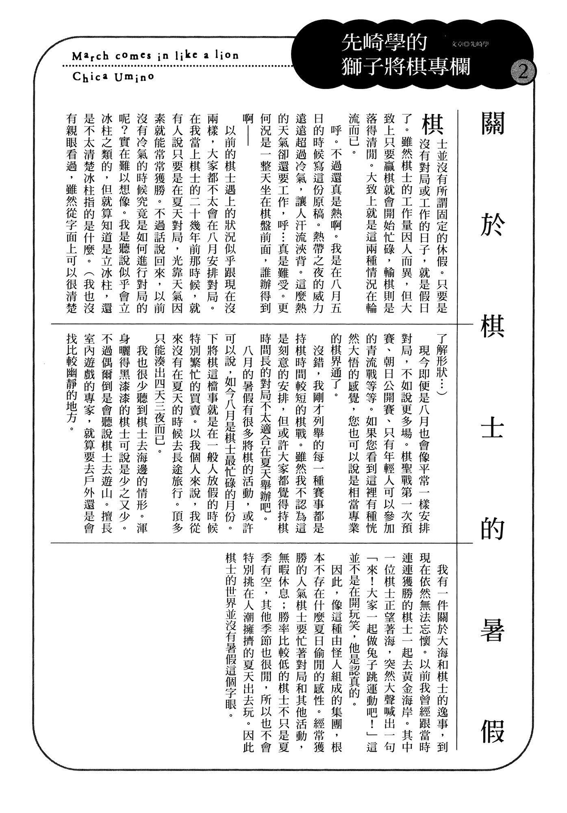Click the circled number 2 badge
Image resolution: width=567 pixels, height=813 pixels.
tap(523, 74)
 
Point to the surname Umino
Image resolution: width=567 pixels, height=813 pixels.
tap(135, 76)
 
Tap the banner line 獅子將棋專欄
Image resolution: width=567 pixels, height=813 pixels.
tap(406, 66)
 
